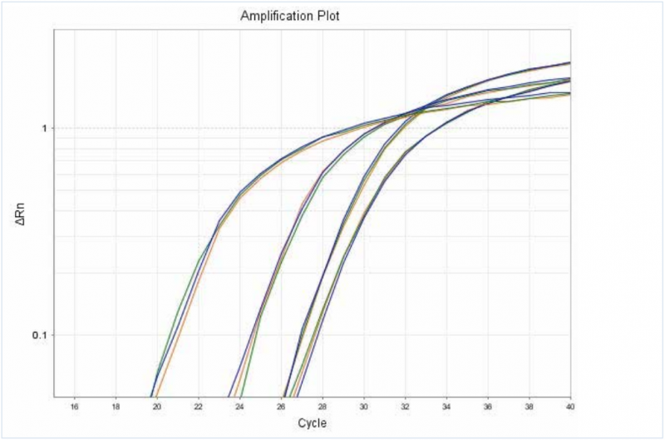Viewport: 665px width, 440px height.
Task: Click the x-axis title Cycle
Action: coord(312,424)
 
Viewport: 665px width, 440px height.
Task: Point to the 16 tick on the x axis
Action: coord(75,406)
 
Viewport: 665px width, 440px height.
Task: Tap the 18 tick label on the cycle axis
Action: coord(116,406)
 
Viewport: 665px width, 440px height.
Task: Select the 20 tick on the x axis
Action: coord(157,406)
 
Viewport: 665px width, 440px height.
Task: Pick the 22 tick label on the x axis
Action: coord(199,406)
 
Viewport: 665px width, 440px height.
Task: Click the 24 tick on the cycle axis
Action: coord(240,406)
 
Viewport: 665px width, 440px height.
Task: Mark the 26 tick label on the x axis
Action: coord(281,406)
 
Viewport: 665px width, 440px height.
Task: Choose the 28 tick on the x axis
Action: coord(323,406)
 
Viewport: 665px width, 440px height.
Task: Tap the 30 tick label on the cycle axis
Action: coord(363,406)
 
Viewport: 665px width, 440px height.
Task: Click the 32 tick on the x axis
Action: coord(405,406)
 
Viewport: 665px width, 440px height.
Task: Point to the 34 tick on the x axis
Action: coord(446,406)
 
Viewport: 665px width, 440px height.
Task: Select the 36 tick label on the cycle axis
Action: coord(487,406)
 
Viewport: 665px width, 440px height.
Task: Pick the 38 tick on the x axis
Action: coord(529,406)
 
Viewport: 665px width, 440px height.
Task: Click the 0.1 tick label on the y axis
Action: coord(39,335)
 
